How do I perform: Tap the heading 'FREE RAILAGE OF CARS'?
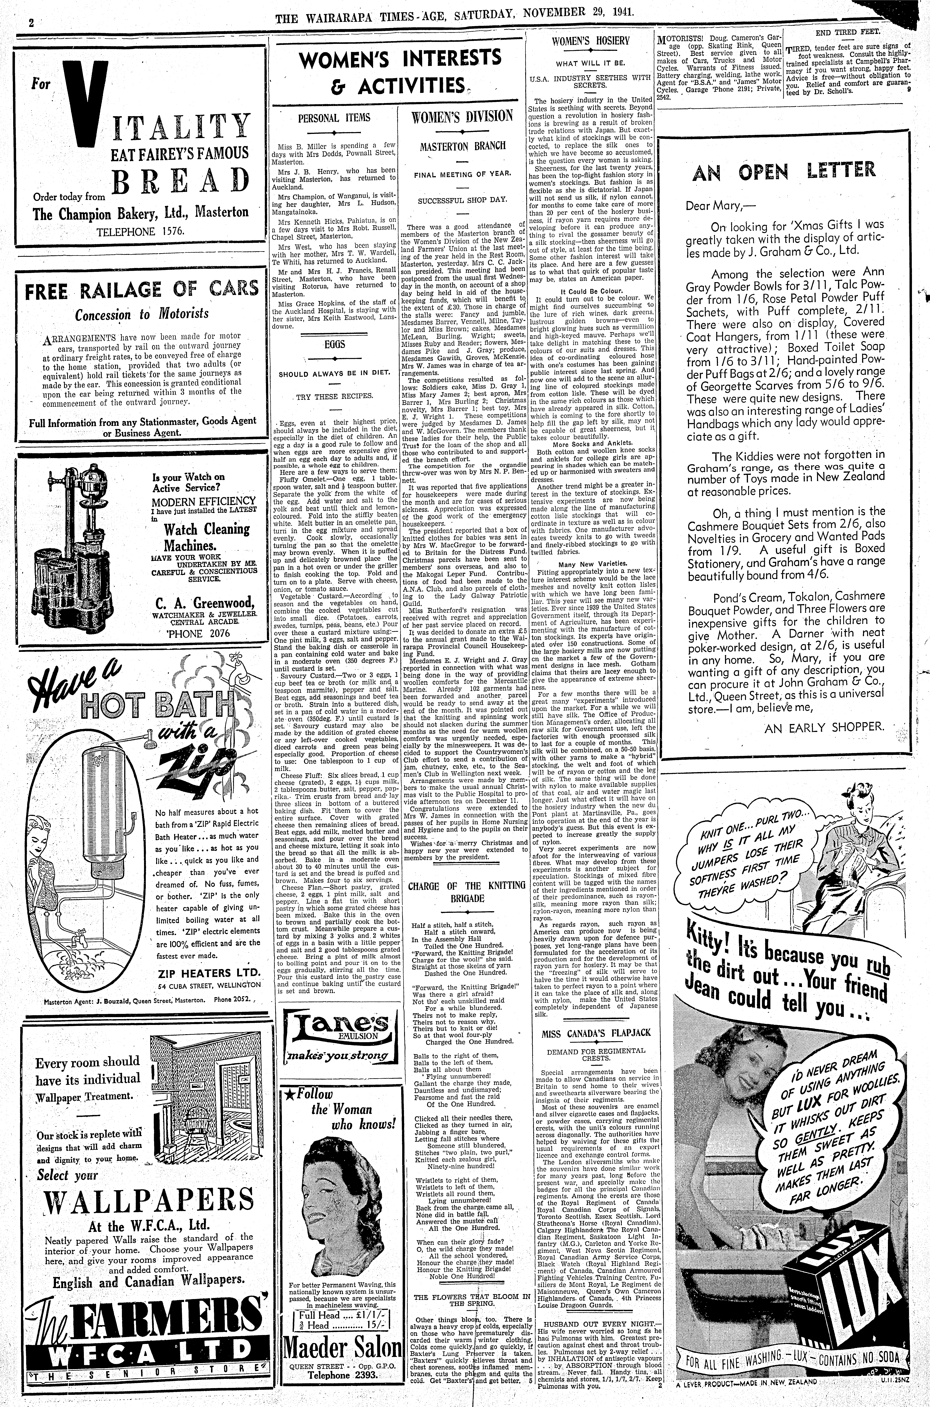tap(141, 289)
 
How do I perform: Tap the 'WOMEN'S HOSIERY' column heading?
tap(591, 41)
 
